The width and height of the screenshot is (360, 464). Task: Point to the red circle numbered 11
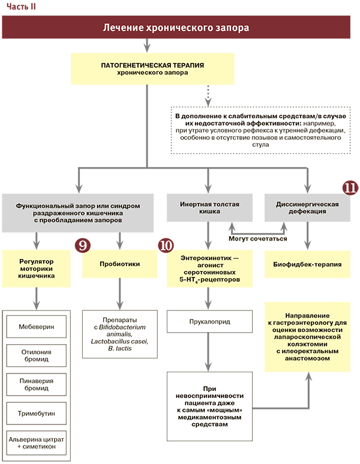[350, 187]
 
